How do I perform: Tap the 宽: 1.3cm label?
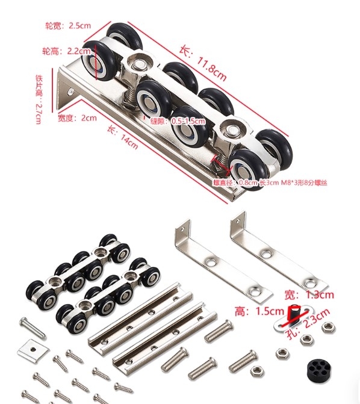(x=317, y=295)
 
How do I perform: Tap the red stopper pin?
(x=295, y=312)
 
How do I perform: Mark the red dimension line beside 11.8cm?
(x=229, y=90)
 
